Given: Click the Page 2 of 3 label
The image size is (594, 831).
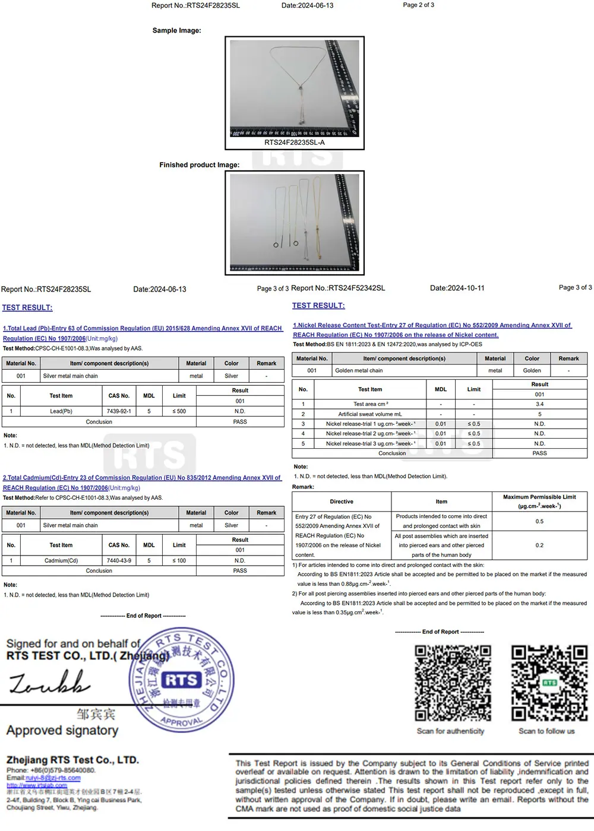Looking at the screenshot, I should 418,5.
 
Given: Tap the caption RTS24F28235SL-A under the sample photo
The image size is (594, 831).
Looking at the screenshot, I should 295,142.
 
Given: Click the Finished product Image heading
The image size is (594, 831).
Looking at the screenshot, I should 199,165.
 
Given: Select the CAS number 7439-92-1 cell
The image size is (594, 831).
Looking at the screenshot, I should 119,411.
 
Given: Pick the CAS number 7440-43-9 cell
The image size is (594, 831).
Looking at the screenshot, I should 119,560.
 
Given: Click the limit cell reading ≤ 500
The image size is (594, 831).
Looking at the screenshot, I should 179,411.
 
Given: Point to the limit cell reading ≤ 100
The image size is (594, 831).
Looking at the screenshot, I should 179,560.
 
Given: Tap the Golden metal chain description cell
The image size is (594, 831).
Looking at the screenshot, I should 359,370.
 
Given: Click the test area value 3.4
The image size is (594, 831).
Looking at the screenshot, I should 539,404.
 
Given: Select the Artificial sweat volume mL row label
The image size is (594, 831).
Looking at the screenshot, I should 369,414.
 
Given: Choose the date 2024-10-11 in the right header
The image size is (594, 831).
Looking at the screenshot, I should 457,288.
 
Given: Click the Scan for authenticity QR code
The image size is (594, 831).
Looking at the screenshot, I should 453,683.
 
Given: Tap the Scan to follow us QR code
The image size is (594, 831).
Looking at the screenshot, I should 549,683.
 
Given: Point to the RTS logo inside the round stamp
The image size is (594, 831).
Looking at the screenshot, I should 182,680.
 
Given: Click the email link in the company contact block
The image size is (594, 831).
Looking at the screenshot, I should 53,778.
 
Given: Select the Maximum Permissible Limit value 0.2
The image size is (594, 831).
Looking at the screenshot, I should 539,545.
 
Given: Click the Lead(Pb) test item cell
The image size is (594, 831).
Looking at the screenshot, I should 61,411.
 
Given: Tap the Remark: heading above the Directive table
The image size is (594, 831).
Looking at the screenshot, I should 303,487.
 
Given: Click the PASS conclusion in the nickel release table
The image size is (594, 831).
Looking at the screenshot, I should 539,453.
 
